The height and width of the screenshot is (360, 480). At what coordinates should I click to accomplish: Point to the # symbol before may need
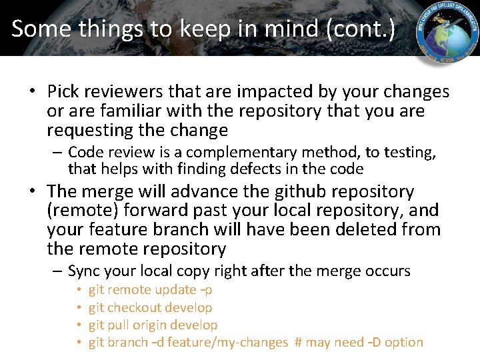click(299, 342)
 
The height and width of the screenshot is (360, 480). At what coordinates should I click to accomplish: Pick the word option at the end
click(404, 342)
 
